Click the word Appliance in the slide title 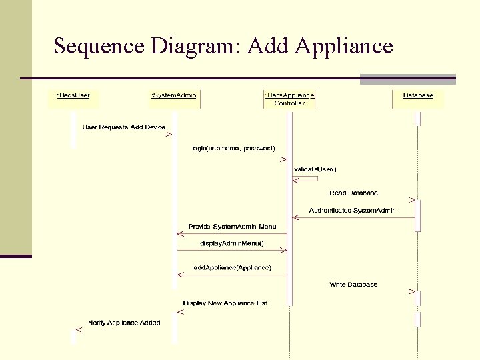pos(343,47)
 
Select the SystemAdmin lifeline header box pos(174,96)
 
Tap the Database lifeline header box pos(418,96)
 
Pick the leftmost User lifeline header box pos(73,96)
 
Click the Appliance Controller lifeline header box pos(289,99)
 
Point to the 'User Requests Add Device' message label pos(123,127)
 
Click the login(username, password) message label pos(233,147)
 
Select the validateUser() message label pos(315,169)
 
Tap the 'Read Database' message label pos(353,193)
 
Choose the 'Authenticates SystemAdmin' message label pos(352,211)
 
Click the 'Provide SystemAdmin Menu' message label pos(232,227)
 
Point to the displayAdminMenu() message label pos(232,243)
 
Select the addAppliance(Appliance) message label pos(232,267)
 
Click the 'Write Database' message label pos(353,285)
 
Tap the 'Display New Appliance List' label pos(225,303)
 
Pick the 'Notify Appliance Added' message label pos(125,323)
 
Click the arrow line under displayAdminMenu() pos(232,251)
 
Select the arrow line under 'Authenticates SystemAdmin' pos(353,218)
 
